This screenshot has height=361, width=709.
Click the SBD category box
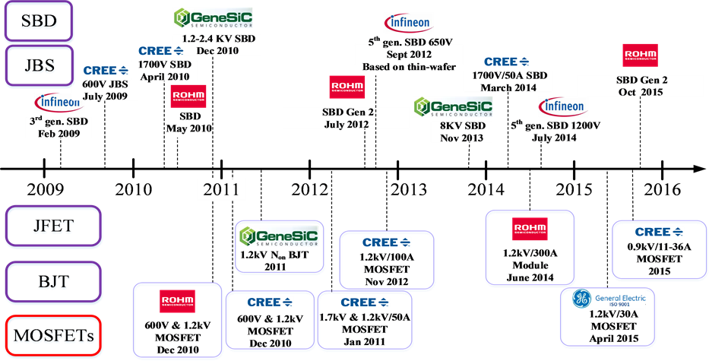tap(39, 21)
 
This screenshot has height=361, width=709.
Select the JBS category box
tap(39, 64)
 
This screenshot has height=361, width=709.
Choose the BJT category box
tap(52, 281)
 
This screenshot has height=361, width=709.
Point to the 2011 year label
tap(221, 188)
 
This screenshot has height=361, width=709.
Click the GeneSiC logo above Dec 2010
tap(213, 18)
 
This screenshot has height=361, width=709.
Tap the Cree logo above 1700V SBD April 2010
tap(160, 51)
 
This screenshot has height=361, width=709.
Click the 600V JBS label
tap(110, 84)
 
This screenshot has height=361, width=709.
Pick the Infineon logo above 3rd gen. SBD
tap(59, 102)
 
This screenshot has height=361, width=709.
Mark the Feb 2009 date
tap(62, 132)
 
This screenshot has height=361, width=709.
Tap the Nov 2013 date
tap(461, 138)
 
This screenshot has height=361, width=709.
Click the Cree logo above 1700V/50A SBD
tap(506, 62)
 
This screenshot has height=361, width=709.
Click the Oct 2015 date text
tap(640, 92)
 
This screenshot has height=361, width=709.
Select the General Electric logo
tap(609, 299)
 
